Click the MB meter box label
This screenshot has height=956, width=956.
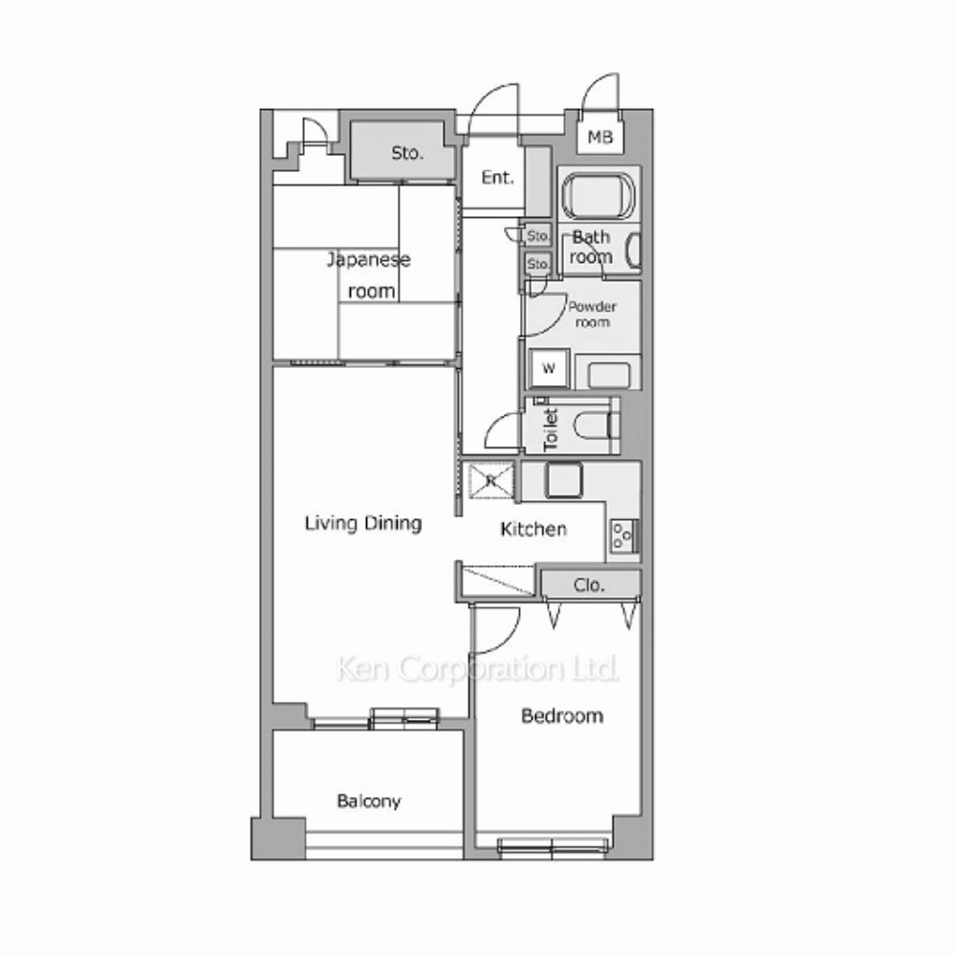tap(600, 138)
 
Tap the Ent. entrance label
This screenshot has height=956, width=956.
tap(497, 178)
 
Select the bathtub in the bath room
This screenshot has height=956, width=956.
tap(598, 196)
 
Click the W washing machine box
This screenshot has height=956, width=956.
tap(549, 368)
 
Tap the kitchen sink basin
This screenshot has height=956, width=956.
tap(563, 480)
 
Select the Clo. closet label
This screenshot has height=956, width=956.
tap(588, 585)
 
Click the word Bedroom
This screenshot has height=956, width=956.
tap(562, 716)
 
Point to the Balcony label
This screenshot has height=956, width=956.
tap(369, 801)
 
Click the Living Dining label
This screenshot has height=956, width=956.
tap(363, 523)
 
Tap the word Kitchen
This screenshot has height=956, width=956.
tap(533, 529)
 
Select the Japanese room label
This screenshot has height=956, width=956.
tap(369, 275)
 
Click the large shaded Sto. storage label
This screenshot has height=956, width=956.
tap(406, 152)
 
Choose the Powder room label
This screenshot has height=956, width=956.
tap(592, 314)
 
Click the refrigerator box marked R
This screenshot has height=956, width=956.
tap(490, 481)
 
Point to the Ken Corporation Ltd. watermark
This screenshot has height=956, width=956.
tap(477, 669)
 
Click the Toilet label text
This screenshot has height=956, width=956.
tap(551, 430)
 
